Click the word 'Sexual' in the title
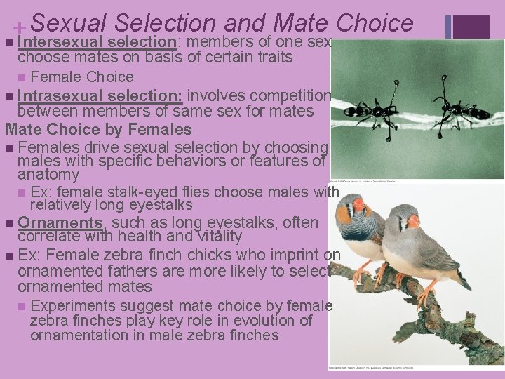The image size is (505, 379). (67, 22)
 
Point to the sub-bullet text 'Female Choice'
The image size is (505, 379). (82, 77)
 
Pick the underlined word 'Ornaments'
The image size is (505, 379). (61, 223)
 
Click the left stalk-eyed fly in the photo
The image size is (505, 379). (372, 109)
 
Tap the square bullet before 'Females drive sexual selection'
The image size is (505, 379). (8, 148)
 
